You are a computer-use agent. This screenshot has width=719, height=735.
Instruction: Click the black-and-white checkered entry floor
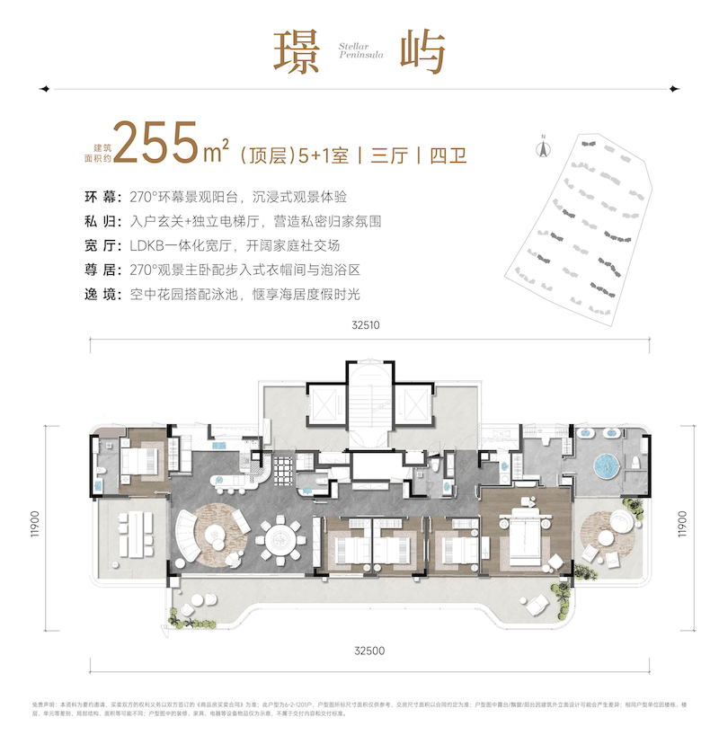[x=284, y=467]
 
